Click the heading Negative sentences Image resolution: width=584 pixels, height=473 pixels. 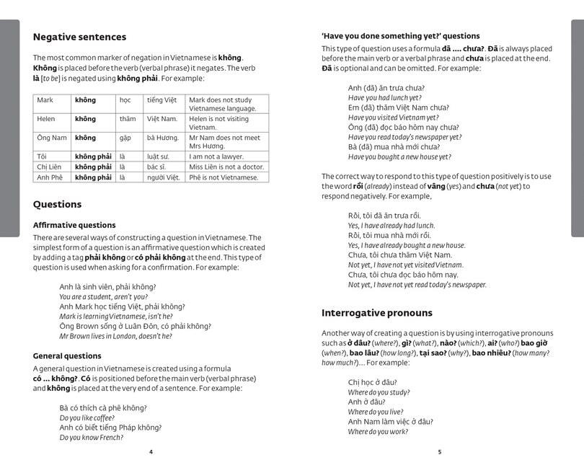[x=79, y=37]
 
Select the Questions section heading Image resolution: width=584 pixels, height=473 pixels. [x=57, y=204]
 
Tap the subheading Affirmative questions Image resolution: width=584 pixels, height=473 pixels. [x=74, y=225]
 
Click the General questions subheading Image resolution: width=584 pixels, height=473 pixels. [x=67, y=355]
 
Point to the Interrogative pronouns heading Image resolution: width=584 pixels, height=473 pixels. [x=376, y=313]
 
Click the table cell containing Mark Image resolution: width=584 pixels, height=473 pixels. [x=45, y=100]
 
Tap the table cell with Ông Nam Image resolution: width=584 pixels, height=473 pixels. [x=52, y=138]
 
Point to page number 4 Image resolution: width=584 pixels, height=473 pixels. [x=151, y=452]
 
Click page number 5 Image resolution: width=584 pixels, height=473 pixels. [x=438, y=452]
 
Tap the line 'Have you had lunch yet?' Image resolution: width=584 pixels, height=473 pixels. [x=384, y=97]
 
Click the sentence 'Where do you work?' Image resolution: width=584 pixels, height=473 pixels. [x=379, y=432]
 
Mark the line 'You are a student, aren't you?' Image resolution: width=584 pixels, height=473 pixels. [x=103, y=296]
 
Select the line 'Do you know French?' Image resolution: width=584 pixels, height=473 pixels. [x=92, y=437]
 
